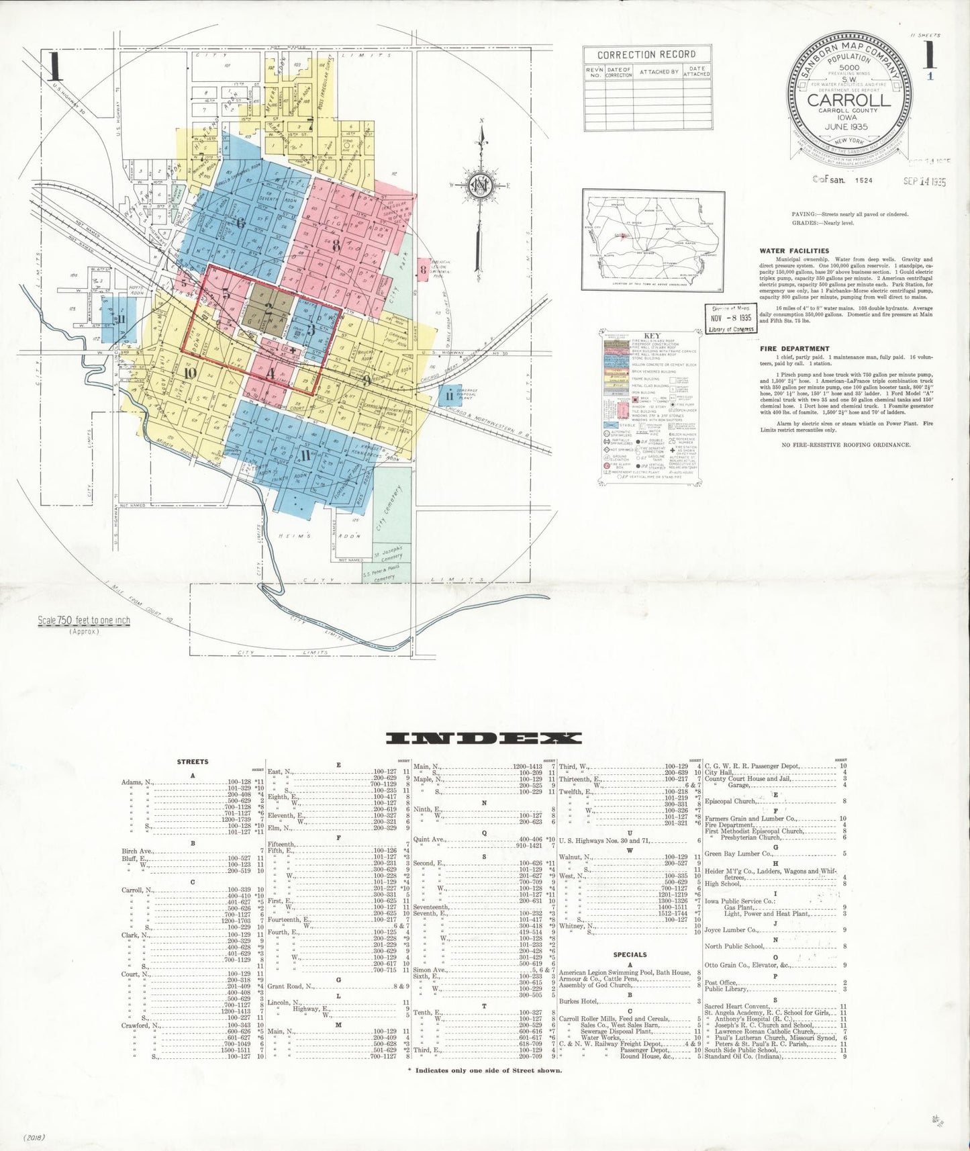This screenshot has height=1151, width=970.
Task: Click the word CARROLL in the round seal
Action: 848,100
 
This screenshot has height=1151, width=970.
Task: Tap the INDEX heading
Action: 484,738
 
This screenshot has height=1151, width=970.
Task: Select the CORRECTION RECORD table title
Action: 646,54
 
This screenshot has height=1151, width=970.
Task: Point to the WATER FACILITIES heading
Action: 794,250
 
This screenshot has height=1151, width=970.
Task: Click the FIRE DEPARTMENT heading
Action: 794,349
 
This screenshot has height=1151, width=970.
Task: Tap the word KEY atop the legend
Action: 652,336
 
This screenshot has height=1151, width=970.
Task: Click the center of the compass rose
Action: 481,185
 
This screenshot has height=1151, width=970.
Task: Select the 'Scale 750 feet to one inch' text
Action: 84,620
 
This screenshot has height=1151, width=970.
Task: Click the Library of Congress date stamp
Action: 730,319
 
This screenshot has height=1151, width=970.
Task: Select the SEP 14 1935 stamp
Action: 924,181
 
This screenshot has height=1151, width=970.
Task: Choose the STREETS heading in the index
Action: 193,762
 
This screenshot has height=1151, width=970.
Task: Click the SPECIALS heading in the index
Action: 630,954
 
